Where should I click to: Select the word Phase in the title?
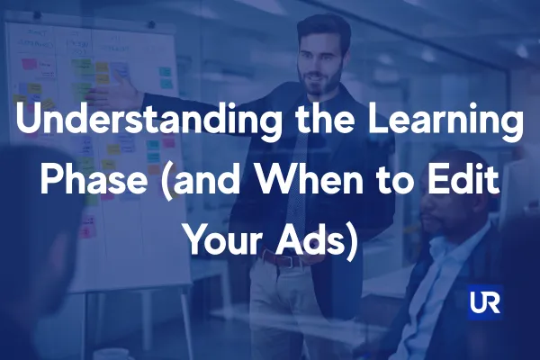coord(94,180)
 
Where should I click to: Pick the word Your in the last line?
coord(225,239)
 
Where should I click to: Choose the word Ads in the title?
coord(306,239)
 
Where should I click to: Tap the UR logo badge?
coord(485,302)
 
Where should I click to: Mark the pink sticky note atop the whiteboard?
coord(29,64)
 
